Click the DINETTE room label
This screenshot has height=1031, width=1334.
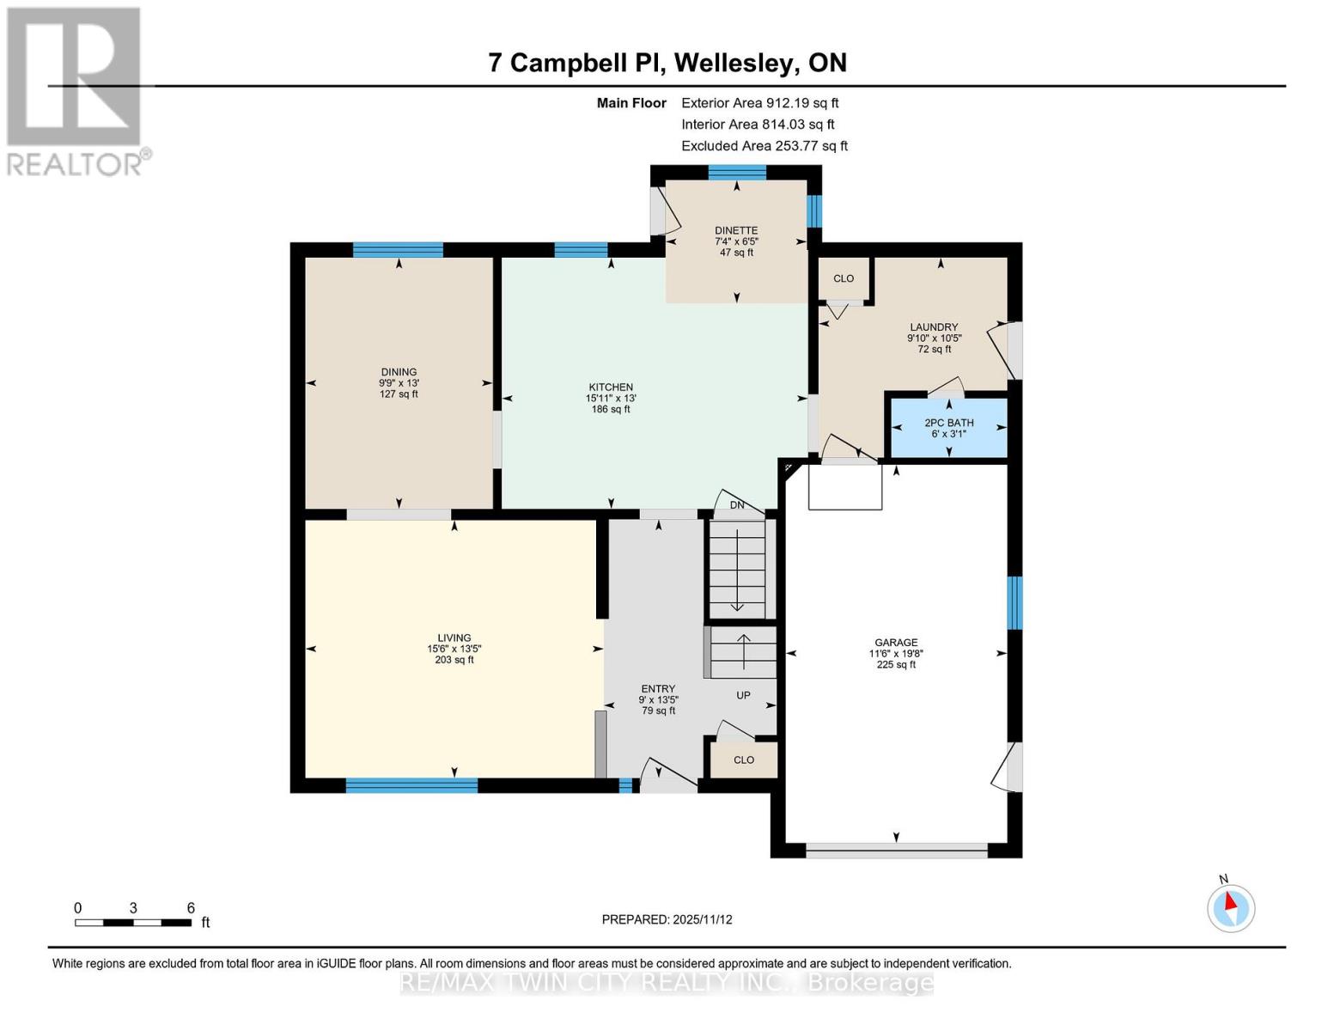click(x=736, y=230)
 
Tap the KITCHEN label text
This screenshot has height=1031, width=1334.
click(x=610, y=387)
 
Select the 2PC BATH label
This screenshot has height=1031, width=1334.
click(x=949, y=423)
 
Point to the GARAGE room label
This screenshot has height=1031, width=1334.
click(x=896, y=643)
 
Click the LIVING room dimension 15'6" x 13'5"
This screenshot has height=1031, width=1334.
click(x=454, y=649)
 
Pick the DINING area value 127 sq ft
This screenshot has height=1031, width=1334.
click(x=399, y=393)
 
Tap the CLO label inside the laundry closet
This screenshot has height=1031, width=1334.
click(x=844, y=278)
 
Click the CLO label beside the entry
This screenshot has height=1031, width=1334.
click(x=743, y=760)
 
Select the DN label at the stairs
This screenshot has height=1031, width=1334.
click(x=737, y=504)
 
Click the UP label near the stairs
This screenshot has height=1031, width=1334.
click(x=743, y=695)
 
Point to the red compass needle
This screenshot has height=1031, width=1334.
click(x=1230, y=901)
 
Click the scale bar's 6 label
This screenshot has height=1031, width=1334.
click(x=191, y=907)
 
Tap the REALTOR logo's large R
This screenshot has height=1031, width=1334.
click(x=74, y=76)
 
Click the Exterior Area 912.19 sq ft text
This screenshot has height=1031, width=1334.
click(x=760, y=103)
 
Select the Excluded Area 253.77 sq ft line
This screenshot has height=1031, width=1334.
click(x=764, y=146)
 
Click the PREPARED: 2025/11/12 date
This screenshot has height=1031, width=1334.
click(x=667, y=919)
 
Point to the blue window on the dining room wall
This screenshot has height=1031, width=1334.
click(x=398, y=250)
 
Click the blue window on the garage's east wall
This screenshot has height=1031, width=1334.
click(x=1014, y=602)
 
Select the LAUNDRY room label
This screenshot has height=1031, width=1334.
click(x=934, y=327)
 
